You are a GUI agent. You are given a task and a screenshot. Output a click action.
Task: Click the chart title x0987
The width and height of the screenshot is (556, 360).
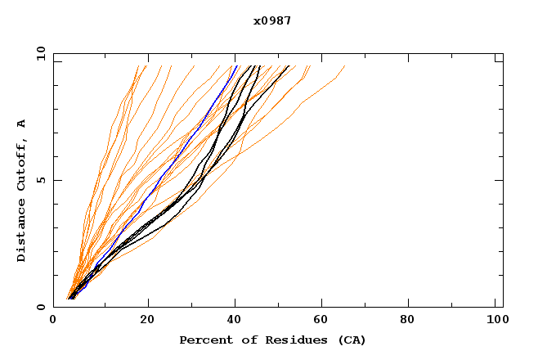[273, 20]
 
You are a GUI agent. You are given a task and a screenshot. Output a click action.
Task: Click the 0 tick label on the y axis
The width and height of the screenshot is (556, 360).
[40, 308]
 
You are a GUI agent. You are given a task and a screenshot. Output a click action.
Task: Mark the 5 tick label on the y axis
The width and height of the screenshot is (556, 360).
[40, 181]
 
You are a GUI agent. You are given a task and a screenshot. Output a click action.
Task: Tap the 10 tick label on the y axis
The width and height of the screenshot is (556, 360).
[38, 54]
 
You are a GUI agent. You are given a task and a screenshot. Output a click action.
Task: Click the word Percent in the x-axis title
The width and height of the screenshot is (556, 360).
[202, 340]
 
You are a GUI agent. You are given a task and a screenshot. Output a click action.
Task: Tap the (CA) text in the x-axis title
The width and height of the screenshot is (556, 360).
[350, 340]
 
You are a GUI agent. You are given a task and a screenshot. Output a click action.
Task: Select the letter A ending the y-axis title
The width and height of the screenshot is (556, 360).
[22, 124]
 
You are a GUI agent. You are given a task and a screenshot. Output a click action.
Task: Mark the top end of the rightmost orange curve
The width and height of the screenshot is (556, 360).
[344, 66]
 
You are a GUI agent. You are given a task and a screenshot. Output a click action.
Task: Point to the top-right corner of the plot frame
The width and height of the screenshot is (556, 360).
[503, 54]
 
